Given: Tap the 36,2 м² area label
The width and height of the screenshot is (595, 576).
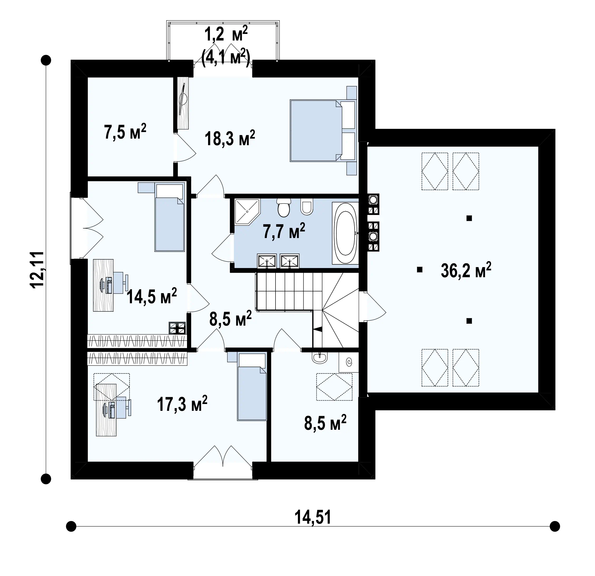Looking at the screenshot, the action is (466, 270).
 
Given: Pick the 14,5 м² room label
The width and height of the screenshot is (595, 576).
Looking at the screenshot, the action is (151, 296).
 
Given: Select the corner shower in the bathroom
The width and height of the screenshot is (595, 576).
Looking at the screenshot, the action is (247, 212).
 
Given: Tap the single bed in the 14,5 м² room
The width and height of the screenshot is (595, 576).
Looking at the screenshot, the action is (170, 217).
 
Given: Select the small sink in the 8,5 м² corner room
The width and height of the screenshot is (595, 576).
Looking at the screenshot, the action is (320, 358).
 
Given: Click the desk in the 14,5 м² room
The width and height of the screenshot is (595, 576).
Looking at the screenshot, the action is (103, 285).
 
